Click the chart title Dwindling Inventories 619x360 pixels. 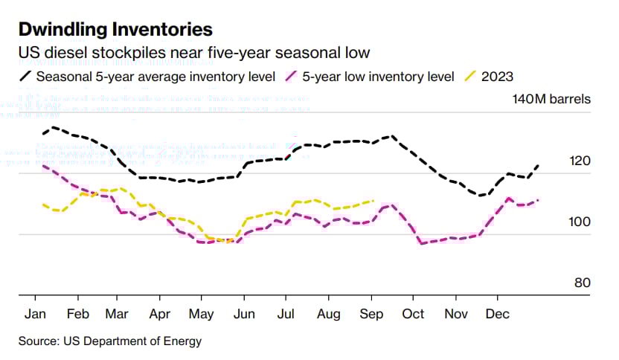click(115, 30)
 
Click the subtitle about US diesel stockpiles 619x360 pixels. click(194, 54)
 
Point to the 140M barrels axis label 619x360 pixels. click(551, 99)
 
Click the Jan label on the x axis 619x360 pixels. click(36, 314)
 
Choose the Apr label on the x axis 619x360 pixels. click(160, 314)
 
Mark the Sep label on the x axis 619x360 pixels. click(371, 314)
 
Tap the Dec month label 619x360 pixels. click(497, 314)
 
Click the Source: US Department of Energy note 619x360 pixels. click(109, 341)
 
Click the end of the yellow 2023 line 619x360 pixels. click(373, 200)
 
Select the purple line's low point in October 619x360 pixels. click(422, 243)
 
